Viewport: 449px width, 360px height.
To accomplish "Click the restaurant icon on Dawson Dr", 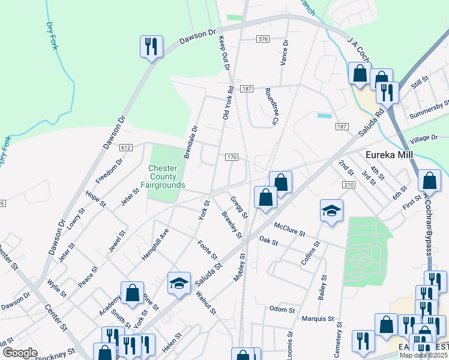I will pyautogui.click(x=150, y=46).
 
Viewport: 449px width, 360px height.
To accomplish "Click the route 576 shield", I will pyautogui.click(x=262, y=39).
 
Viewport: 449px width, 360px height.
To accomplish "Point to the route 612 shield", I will pyautogui.click(x=125, y=148).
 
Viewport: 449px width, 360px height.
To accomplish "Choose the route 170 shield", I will pyautogui.click(x=232, y=157).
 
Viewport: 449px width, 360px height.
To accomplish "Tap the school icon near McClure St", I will pyautogui.click(x=331, y=210).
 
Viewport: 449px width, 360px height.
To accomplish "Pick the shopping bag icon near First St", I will pyautogui.click(x=430, y=181).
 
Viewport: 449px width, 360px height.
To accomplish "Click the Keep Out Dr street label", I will pyautogui.click(x=224, y=53).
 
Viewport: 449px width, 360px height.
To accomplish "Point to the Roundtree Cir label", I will pyautogui.click(x=271, y=106).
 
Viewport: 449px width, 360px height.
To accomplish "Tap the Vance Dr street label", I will pyautogui.click(x=285, y=53).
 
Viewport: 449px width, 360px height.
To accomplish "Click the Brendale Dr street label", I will pyautogui.click(x=190, y=142).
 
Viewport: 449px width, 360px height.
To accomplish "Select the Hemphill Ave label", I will pyautogui.click(x=155, y=244).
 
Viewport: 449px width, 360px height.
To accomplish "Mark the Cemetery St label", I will pyautogui.click(x=339, y=340).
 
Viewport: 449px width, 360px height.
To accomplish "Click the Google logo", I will pyautogui.click(x=20, y=353).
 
